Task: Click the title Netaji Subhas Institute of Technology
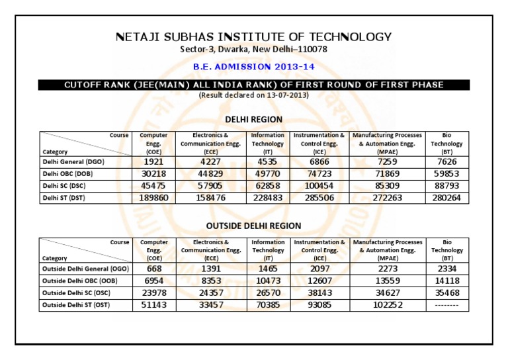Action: pyautogui.click(x=253, y=37)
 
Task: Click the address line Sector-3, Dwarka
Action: pyautogui.click(x=253, y=50)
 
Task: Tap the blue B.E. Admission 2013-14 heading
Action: pyautogui.click(x=253, y=67)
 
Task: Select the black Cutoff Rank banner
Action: pyautogui.click(x=253, y=85)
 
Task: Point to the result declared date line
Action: pyautogui.click(x=253, y=95)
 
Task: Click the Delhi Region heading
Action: pyautogui.click(x=253, y=119)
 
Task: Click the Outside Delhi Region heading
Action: pyautogui.click(x=253, y=226)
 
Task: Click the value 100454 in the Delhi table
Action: pyautogui.click(x=319, y=185)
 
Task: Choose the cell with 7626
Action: pyautogui.click(x=446, y=161)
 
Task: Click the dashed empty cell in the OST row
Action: pyautogui.click(x=447, y=305)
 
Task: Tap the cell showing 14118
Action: pyautogui.click(x=447, y=281)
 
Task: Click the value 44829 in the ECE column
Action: pyautogui.click(x=209, y=173)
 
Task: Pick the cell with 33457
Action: pyautogui.click(x=209, y=305)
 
